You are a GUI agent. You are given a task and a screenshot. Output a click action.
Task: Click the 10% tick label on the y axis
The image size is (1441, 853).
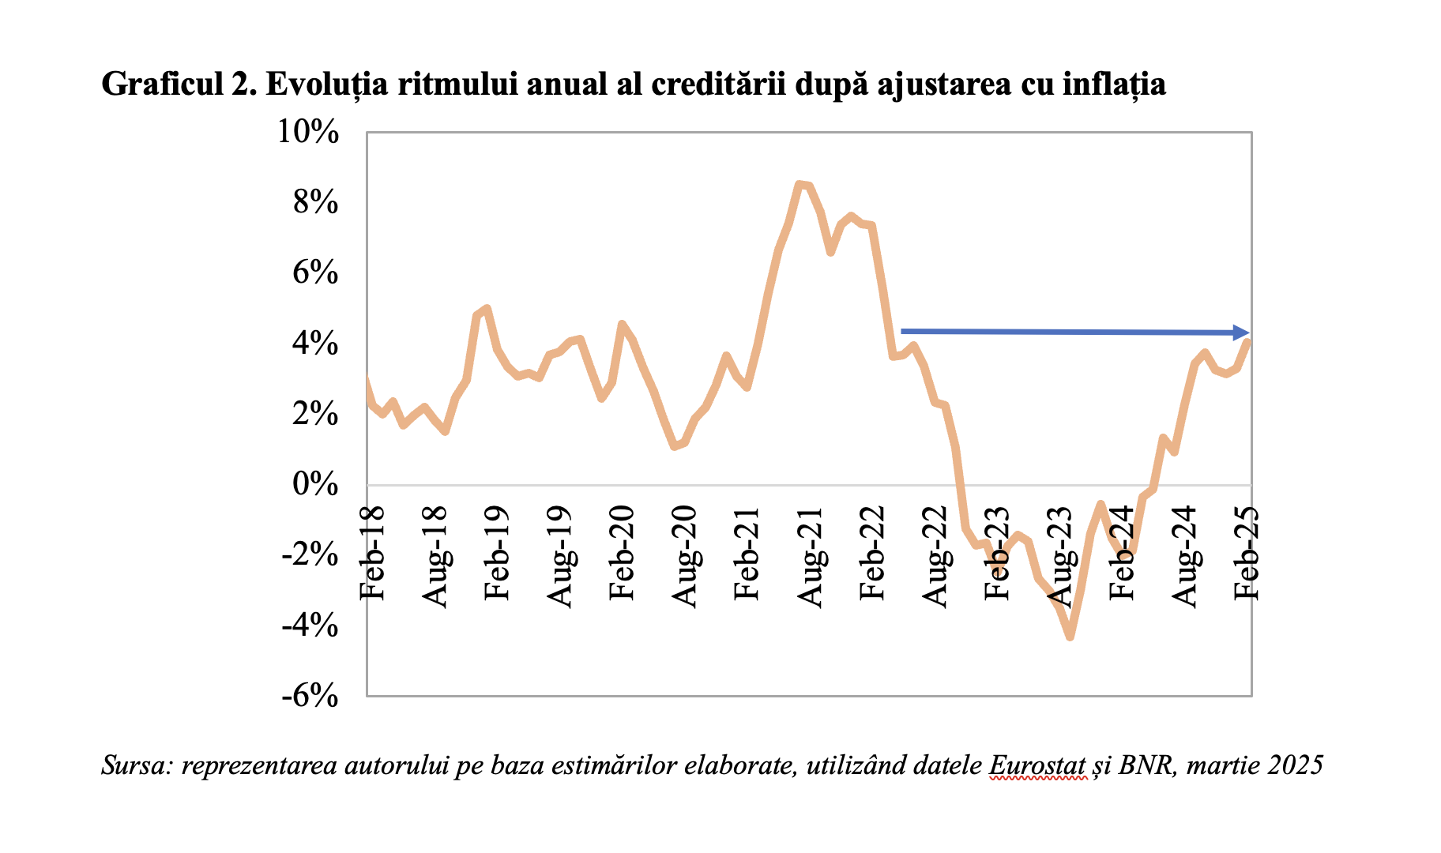(x=308, y=133)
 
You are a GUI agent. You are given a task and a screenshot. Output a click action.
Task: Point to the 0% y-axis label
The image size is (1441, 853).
(x=316, y=484)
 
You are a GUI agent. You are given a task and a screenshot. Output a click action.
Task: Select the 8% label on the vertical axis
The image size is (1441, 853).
(x=316, y=203)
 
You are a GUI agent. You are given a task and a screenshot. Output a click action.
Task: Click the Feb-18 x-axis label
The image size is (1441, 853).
(x=371, y=552)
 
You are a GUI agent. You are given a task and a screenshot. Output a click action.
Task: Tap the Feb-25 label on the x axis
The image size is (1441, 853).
(x=1247, y=552)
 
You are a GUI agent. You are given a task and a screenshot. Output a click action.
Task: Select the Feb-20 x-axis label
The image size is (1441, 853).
(x=622, y=552)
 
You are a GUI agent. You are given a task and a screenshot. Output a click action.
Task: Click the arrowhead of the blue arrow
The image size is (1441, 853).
(x=1242, y=333)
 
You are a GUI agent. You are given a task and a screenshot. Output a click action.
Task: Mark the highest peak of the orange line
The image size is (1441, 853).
(x=800, y=184)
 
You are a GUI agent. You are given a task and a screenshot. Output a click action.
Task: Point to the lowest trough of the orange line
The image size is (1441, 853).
(x=1070, y=636)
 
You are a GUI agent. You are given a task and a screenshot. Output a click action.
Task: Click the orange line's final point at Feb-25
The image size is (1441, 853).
(x=1248, y=341)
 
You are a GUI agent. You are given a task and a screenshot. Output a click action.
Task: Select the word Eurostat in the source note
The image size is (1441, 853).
(x=1038, y=765)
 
